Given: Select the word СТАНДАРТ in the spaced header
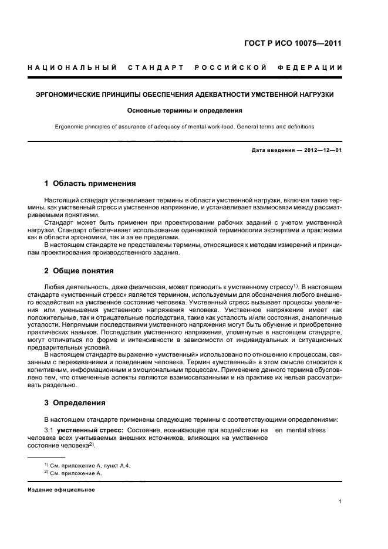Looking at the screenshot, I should [x=157, y=68].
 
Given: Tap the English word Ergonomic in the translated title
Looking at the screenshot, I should [x=70, y=126].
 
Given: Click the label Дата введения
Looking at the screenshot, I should [x=271, y=151].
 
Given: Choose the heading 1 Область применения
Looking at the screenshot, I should [x=90, y=184].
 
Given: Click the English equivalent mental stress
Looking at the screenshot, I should [x=305, y=431].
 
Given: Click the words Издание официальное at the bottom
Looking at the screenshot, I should [x=61, y=490].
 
